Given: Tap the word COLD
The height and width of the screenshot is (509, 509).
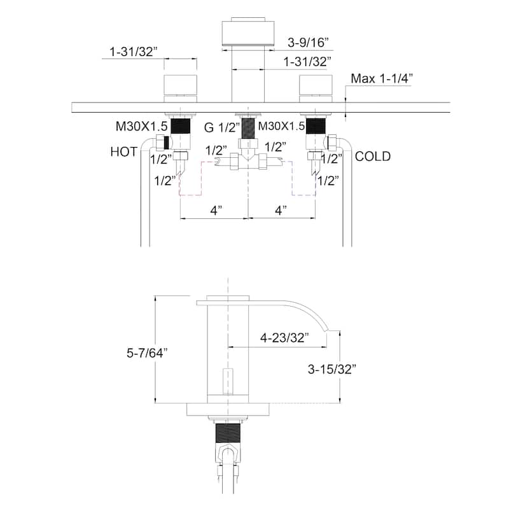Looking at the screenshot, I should [x=373, y=156].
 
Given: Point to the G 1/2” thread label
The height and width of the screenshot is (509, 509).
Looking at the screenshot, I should [x=222, y=127].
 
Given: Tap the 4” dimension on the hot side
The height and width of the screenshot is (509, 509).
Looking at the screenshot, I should [x=215, y=209].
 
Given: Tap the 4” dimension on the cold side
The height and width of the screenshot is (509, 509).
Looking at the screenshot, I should [x=280, y=209].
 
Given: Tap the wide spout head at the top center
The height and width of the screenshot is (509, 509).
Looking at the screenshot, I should [x=248, y=34].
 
